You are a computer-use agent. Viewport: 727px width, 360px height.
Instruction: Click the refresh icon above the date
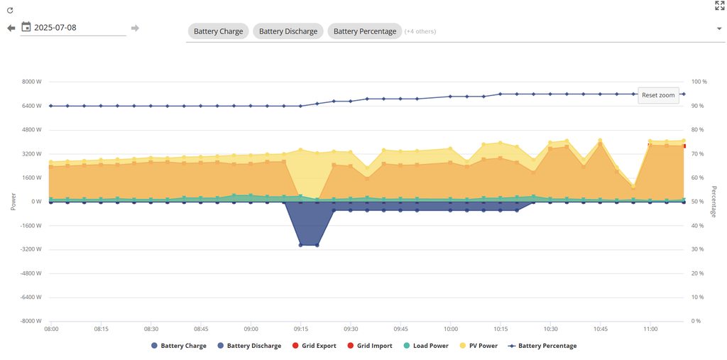pyautogui.click(x=10, y=11)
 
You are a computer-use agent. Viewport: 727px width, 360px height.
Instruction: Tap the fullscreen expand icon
pyautogui.click(x=719, y=6)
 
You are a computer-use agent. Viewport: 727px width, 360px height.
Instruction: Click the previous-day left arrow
pyautogui.click(x=11, y=28)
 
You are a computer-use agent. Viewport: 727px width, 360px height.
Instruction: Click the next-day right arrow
pyautogui.click(x=135, y=28)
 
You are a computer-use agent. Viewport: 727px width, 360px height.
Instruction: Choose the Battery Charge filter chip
pyautogui.click(x=218, y=31)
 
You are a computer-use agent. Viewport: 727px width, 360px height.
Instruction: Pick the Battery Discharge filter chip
pyautogui.click(x=288, y=31)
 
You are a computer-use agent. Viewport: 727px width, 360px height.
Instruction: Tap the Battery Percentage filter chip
pyautogui.click(x=364, y=31)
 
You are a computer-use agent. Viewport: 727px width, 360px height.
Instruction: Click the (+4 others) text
pyautogui.click(x=420, y=31)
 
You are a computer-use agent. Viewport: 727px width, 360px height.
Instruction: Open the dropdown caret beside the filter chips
pyautogui.click(x=719, y=29)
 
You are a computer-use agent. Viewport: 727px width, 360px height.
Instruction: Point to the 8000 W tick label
pyautogui.click(x=32, y=82)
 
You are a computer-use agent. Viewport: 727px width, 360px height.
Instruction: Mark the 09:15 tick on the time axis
pyautogui.click(x=300, y=329)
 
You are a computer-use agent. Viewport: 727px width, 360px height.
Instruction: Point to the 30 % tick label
pyautogui.click(x=697, y=249)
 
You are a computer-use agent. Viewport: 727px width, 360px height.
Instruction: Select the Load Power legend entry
pyautogui.click(x=426, y=346)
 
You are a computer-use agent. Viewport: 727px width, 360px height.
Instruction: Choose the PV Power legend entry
pyautogui.click(x=479, y=346)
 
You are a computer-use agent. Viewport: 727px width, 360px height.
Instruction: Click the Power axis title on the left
pyautogui.click(x=13, y=202)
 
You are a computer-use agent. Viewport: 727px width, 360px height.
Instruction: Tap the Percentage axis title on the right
pyautogui.click(x=714, y=202)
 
